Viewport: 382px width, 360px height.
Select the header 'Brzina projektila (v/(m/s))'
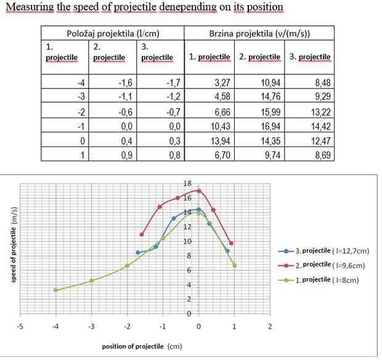point(259,33)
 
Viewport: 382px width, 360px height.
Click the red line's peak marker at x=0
point(198,191)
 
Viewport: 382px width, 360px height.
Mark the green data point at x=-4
point(55,290)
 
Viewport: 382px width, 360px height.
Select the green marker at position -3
point(91,281)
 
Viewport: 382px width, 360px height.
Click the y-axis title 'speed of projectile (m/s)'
point(13,245)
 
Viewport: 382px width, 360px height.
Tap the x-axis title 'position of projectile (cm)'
point(142,346)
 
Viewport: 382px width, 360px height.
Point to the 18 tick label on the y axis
point(188,184)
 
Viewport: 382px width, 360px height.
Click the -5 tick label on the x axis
point(20,326)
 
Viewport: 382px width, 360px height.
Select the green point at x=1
point(234,265)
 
